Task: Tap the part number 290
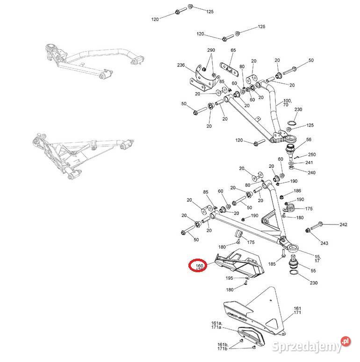(x=211, y=50)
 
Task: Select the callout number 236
(x=181, y=65)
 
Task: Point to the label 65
(x=233, y=50)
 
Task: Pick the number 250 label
(x=312, y=154)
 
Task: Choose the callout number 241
(x=310, y=163)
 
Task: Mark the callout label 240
(x=312, y=173)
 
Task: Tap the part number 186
(x=297, y=191)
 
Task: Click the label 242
(x=344, y=225)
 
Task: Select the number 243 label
(x=324, y=243)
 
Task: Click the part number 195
(x=229, y=278)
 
